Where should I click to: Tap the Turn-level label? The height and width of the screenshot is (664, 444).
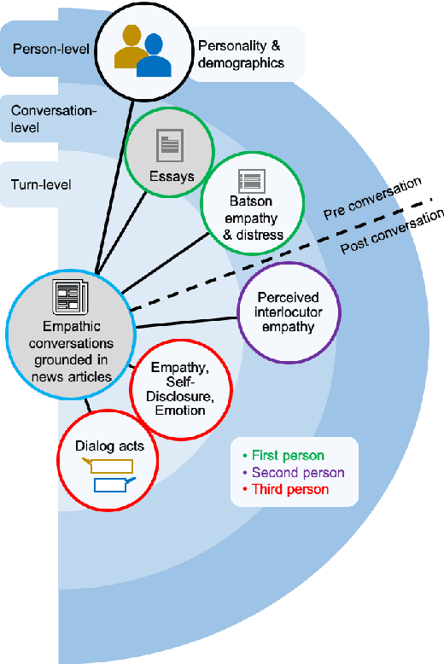pyautogui.click(x=41, y=183)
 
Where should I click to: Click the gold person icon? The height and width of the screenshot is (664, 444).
pyautogui.click(x=131, y=49)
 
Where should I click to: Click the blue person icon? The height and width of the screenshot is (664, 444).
pyautogui.click(x=155, y=56)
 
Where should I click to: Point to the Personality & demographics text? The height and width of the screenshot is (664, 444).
pyautogui.click(x=240, y=54)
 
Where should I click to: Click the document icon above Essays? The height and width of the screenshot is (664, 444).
pyautogui.click(x=168, y=146)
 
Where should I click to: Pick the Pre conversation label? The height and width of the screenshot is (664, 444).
pyautogui.click(x=373, y=199)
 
